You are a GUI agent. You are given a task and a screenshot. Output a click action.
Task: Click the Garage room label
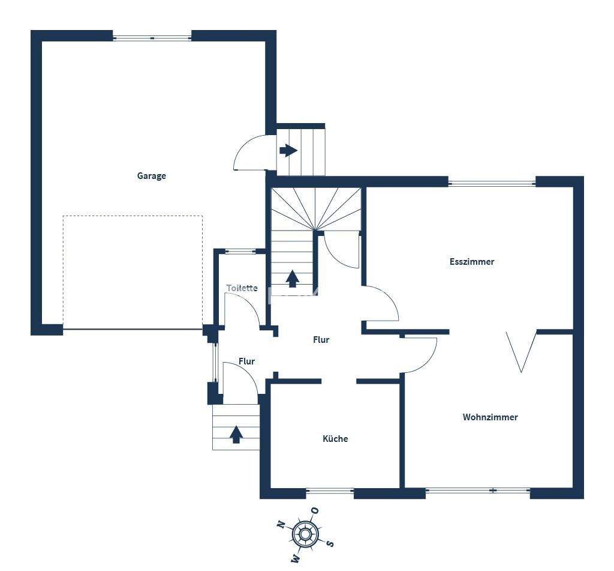[x=151, y=176]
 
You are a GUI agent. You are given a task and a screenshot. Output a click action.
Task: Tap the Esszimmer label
[x=472, y=262]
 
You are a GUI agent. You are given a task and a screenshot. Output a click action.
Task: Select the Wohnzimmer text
[x=490, y=417]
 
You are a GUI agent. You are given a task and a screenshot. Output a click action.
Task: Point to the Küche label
[x=335, y=439]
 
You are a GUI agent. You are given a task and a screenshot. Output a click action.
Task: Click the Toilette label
[x=242, y=288]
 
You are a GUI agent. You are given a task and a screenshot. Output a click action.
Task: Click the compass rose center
[x=305, y=533]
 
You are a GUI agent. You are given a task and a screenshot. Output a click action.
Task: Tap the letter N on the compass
[x=281, y=524]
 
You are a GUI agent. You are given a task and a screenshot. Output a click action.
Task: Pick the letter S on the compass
[x=330, y=543]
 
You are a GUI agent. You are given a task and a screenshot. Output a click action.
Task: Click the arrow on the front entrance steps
[x=236, y=434]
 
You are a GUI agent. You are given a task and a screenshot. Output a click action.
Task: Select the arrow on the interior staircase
[x=292, y=279]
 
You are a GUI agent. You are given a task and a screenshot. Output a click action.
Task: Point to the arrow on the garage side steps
[x=288, y=150]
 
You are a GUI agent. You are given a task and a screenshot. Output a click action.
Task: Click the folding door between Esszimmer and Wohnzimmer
[x=521, y=351]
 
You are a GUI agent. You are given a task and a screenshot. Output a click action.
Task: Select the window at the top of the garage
[x=152, y=38]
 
